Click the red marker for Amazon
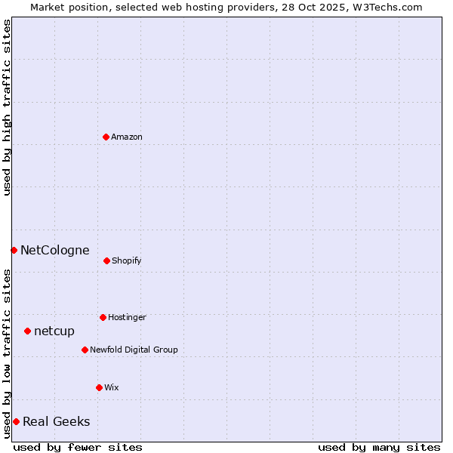tap(106, 137)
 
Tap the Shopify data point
tap(106, 260)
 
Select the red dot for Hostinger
tap(103, 317)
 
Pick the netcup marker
tap(27, 331)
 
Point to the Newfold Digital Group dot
tap(85, 350)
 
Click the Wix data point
tap(99, 387)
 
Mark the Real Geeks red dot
tap(16, 421)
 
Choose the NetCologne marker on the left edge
tap(14, 250)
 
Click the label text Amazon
tap(127, 137)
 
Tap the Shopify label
tap(127, 260)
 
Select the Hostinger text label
tap(127, 317)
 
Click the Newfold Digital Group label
tap(134, 350)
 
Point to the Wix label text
tap(112, 387)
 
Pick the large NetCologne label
tap(54, 250)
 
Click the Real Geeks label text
tap(56, 421)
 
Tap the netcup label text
tap(54, 331)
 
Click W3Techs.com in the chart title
tap(386, 7)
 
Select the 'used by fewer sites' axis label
tap(78, 447)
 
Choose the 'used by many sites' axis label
tap(379, 447)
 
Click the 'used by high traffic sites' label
tap(7, 107)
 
